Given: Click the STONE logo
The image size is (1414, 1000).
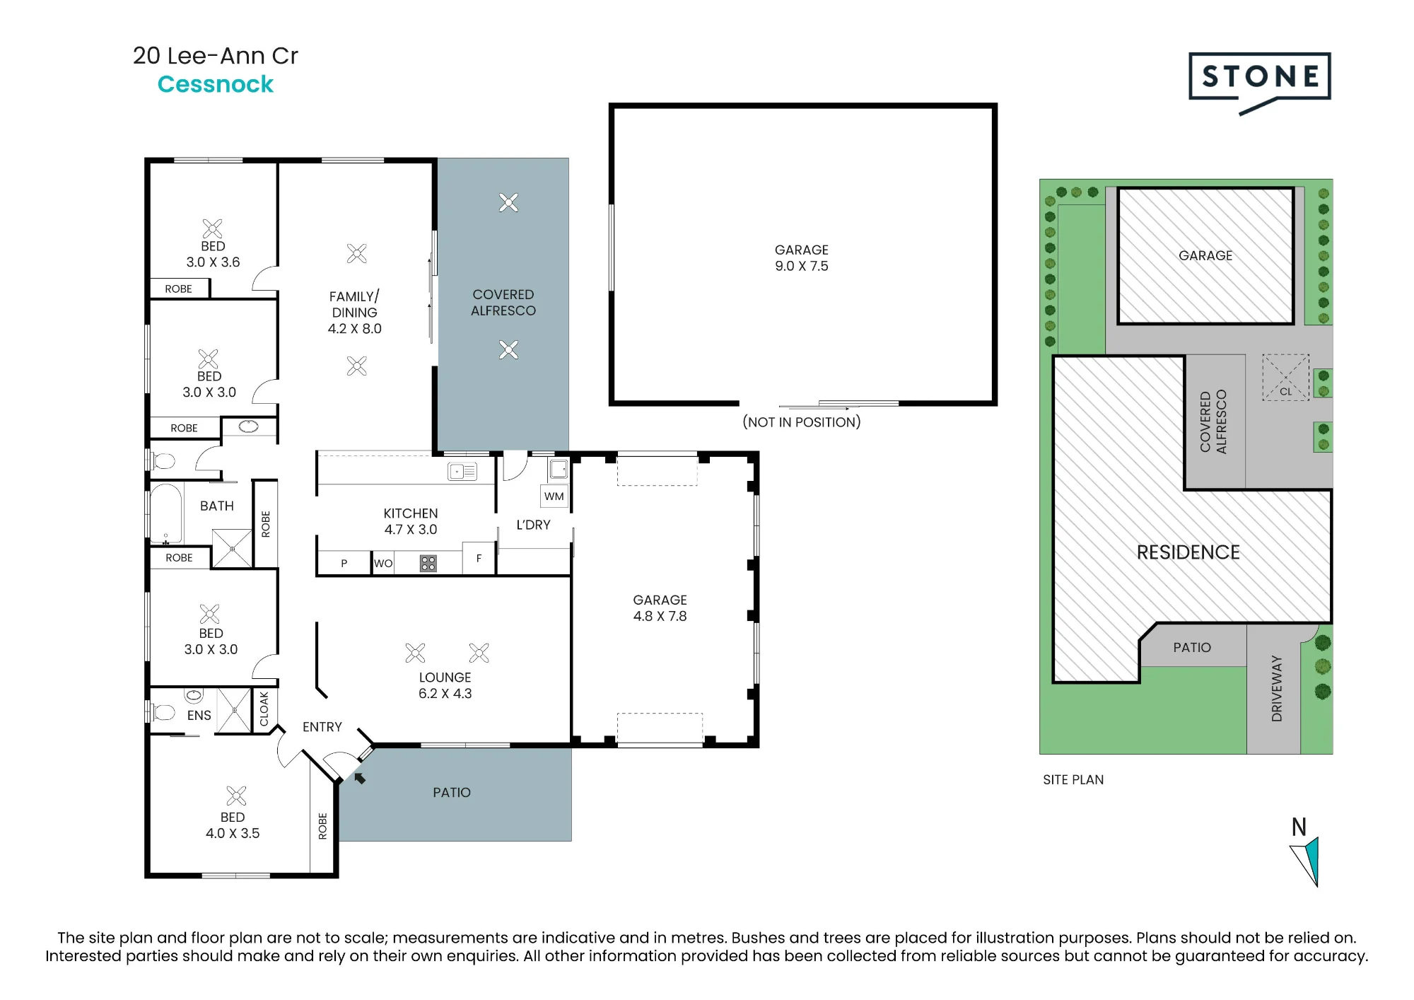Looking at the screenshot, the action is point(1259,81).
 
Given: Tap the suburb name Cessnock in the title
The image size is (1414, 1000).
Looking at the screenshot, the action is point(215,84).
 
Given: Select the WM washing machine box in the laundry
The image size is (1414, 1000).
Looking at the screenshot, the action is point(554,496).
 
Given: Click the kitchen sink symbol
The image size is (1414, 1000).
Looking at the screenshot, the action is point(462,471).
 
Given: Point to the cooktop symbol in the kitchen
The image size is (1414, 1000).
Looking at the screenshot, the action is point(428,563).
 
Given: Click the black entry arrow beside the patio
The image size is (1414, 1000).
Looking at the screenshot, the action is point(360,778).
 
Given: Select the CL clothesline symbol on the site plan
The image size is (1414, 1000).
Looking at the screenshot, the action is point(1285,378).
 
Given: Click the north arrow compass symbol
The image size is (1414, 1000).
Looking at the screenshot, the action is point(1305,861).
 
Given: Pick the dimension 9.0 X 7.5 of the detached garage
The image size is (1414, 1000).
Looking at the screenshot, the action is point(801,266).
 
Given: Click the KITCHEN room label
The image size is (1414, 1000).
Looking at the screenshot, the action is point(410,513).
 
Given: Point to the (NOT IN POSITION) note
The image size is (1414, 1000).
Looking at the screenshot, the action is point(801,422).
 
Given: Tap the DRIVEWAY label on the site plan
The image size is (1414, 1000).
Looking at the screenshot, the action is point(1276,688).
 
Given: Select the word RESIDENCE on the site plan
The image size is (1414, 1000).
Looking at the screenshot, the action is point(1188,552).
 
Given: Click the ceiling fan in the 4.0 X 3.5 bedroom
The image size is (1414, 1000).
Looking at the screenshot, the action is point(236,796).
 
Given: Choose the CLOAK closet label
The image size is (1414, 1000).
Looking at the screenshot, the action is point(264,709).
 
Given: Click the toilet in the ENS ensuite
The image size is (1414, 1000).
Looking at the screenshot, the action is point(163,711).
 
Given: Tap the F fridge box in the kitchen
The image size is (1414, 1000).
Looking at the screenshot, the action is point(479,558).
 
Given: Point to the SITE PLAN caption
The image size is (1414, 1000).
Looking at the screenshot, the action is point(1073,779).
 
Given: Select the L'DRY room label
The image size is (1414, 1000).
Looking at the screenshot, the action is point(533,525).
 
